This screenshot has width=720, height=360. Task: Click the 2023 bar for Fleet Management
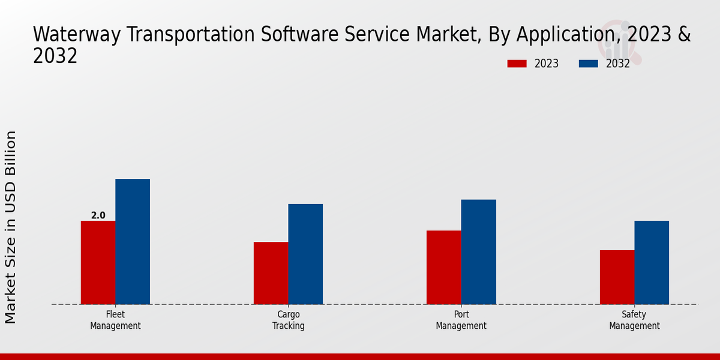click(x=98, y=262)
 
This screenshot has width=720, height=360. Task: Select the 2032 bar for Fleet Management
click(x=133, y=241)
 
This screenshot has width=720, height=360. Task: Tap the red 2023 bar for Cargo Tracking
click(x=271, y=273)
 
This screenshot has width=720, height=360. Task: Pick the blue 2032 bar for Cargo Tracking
click(x=305, y=254)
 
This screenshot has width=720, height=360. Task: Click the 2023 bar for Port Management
click(x=444, y=267)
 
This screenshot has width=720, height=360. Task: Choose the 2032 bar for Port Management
click(x=479, y=251)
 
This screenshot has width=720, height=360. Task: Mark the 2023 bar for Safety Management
click(x=617, y=277)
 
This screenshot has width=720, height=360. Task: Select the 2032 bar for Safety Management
click(x=652, y=262)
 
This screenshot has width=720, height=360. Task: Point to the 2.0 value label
click(x=98, y=215)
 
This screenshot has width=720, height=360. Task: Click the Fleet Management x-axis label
click(x=115, y=320)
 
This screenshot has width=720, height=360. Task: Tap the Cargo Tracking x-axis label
click(x=289, y=320)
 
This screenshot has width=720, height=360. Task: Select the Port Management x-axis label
click(x=461, y=320)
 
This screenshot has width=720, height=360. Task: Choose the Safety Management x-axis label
click(x=634, y=320)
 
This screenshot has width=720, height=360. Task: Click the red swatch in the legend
click(x=517, y=64)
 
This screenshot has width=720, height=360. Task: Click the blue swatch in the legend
click(x=589, y=64)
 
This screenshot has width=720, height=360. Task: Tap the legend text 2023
click(x=547, y=64)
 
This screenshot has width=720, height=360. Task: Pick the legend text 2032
click(x=618, y=64)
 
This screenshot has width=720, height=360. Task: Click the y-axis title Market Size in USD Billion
click(x=11, y=227)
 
